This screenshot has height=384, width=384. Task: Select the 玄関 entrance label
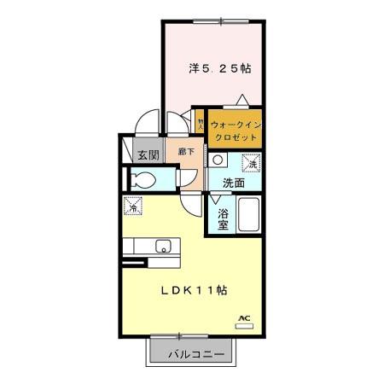point(148,155)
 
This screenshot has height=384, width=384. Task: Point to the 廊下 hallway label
point(187,153)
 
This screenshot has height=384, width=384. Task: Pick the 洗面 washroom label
point(234,183)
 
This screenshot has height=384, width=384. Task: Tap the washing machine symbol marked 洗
point(252,163)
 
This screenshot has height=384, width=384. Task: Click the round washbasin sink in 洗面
point(218,160)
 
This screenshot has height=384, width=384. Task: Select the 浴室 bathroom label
point(223,218)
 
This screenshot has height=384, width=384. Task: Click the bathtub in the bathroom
point(249,215)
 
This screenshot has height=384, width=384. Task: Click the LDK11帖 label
point(195,290)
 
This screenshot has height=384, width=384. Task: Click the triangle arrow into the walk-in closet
point(243,98)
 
